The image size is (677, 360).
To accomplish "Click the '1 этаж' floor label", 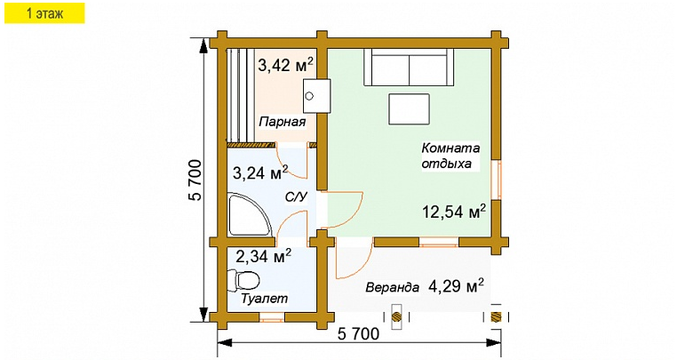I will tap(44, 13).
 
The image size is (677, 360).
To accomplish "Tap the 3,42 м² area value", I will tap(285, 65).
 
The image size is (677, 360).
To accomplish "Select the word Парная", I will tap(282, 122).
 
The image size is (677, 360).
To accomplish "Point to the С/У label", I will tap(296, 196).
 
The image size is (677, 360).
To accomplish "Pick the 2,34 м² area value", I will tap(264, 257).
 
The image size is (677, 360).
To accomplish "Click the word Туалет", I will tap(265, 300).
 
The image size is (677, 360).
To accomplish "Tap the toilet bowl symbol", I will tap(237, 281).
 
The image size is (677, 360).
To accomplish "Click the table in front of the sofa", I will tap(407, 109).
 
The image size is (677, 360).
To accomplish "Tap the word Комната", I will tap(450, 148).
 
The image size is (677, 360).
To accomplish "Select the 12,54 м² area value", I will tap(453, 212).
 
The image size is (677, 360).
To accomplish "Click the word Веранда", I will tap(392, 288).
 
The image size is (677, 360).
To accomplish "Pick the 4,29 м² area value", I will tap(456, 286).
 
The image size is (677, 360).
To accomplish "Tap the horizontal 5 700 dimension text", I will tap(359, 335).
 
